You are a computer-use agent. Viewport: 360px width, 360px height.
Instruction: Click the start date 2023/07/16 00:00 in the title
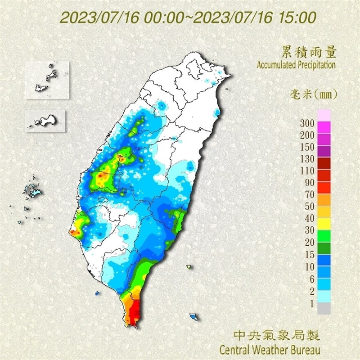pos(121,18)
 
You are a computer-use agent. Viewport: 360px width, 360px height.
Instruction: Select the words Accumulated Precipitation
pos(296,65)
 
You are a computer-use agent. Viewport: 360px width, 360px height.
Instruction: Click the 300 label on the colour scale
pos(307,123)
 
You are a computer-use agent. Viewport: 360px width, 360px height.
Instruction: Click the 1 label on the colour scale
pos(311,303)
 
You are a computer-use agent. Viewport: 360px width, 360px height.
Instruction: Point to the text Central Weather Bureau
pos(270,349)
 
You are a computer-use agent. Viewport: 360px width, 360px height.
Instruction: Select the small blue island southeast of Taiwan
pos(195,317)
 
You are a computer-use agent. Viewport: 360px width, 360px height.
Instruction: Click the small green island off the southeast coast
pos(189,267)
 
